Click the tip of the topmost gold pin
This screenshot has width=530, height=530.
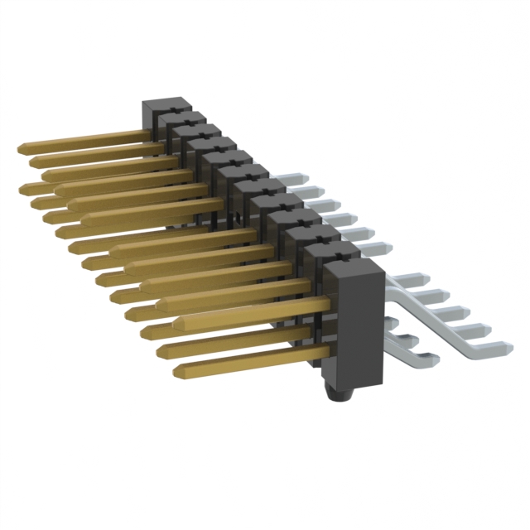click(x=21, y=147)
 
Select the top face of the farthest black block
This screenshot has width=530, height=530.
click(x=166, y=105)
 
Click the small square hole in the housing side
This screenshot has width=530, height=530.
click(x=237, y=218)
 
